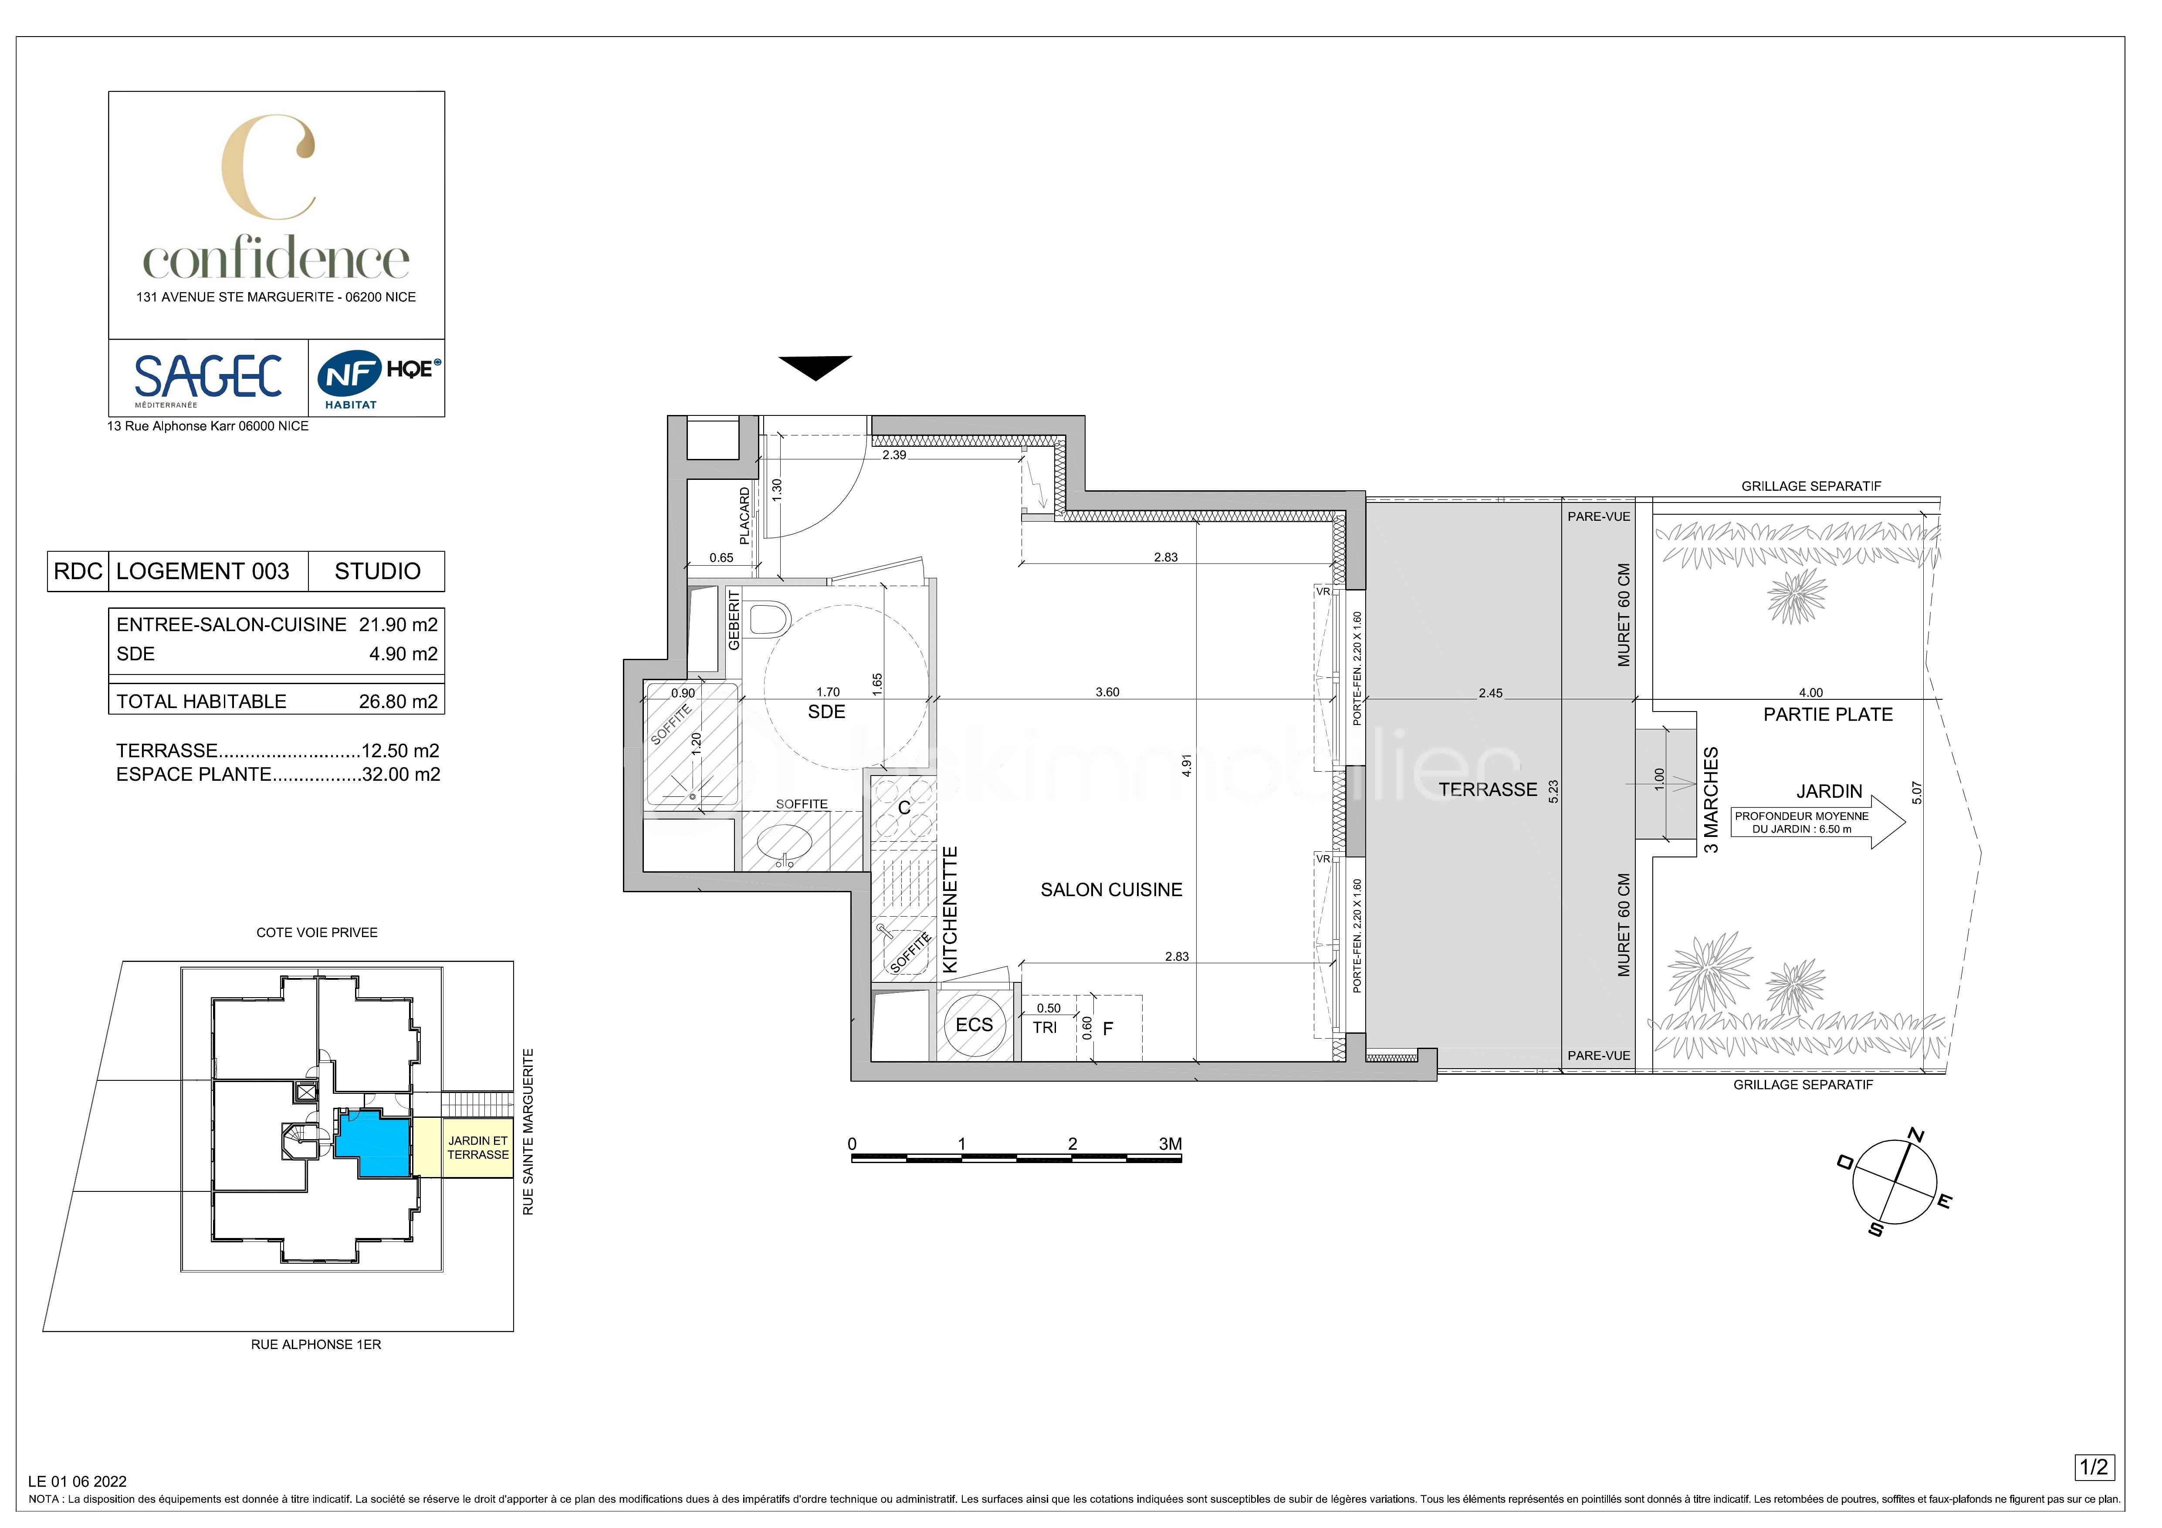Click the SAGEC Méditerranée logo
(208, 378)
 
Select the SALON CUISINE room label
(1111, 890)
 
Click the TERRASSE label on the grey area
(1487, 790)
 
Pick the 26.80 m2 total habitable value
(398, 702)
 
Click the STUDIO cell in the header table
(378, 571)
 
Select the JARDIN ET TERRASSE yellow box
(477, 1148)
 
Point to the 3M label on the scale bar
(1170, 1144)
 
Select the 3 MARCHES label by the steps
(1711, 800)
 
